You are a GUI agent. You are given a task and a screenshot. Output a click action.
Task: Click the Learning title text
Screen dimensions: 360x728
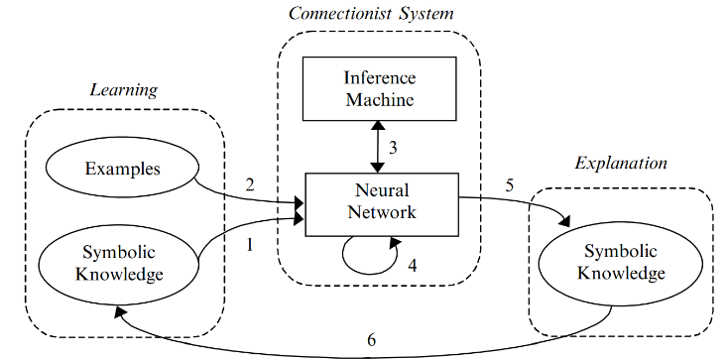(x=124, y=90)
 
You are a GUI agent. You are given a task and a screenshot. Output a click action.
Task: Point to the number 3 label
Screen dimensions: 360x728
(x=392, y=148)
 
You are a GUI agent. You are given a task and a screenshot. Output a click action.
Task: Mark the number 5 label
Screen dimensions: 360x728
(x=510, y=184)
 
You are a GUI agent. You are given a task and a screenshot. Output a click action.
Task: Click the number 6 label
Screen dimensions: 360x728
(x=371, y=339)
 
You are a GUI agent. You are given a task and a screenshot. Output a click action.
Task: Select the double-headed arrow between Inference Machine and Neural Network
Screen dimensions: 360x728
(x=375, y=147)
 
